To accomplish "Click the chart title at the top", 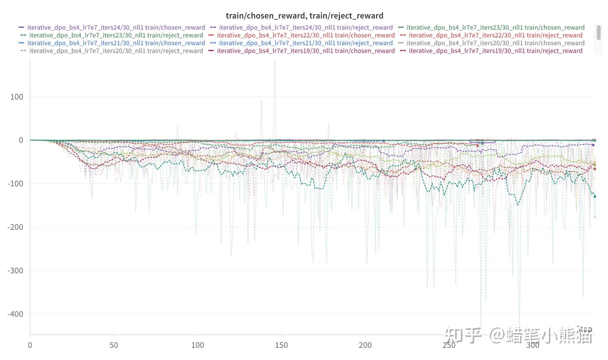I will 304,16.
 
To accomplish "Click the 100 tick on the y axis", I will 16,97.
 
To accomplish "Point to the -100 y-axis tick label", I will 15,184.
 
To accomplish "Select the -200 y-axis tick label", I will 15,227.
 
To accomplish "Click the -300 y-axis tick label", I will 15,270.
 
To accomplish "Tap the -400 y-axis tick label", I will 15,314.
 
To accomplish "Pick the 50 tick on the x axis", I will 114,345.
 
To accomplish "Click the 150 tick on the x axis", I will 281,345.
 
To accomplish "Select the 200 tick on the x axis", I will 365,345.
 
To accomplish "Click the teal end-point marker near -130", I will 595,196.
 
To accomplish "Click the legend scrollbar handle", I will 599,33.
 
